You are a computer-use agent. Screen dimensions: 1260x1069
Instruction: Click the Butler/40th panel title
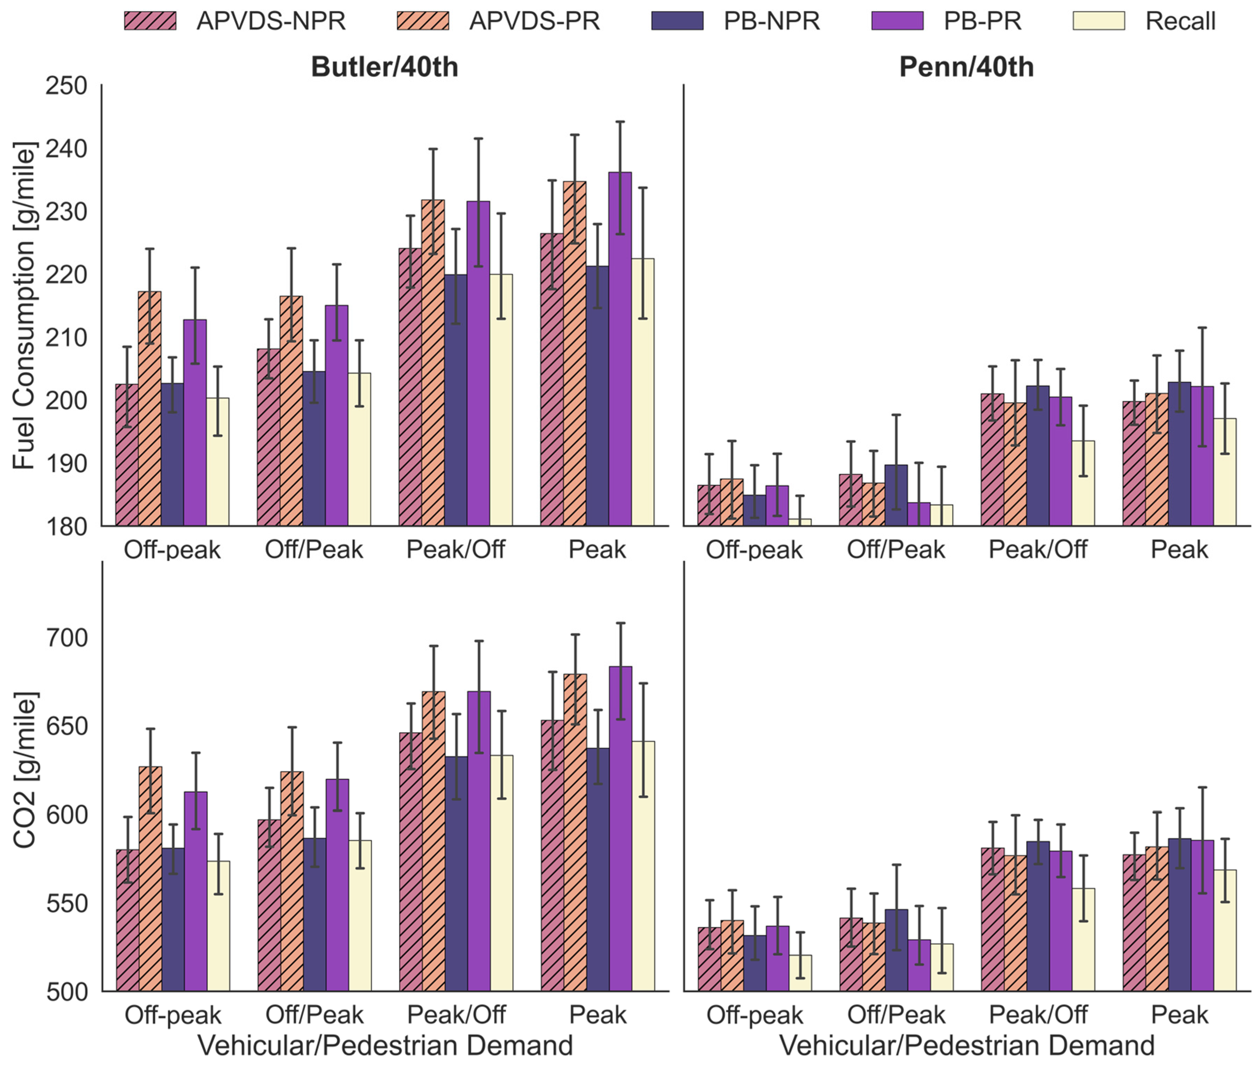click(x=384, y=67)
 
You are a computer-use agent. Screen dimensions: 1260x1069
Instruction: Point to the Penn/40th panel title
click(x=966, y=67)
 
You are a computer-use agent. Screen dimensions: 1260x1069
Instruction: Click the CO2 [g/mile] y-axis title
click(x=24, y=770)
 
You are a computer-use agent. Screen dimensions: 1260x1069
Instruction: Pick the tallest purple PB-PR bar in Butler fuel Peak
click(x=620, y=349)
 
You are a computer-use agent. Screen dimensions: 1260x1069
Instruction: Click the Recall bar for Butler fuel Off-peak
click(x=218, y=462)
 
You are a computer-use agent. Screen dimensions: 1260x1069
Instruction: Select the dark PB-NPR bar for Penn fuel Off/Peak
click(x=896, y=495)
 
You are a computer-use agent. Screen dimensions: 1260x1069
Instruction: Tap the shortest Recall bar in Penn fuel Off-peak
click(x=800, y=522)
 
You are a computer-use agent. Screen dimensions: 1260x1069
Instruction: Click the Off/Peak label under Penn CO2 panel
click(x=896, y=1015)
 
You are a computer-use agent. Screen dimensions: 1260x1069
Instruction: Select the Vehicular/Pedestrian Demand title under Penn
click(x=966, y=1045)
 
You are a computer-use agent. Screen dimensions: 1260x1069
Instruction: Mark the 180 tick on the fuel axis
click(x=67, y=526)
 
